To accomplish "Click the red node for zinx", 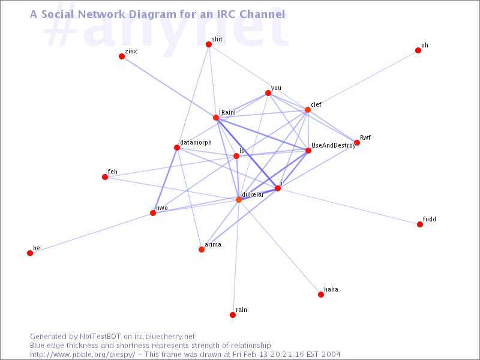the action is pos(122,56).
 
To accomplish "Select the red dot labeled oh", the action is pos(418,50).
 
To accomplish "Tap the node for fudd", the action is pos(420,224).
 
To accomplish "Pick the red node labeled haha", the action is pos(321,295).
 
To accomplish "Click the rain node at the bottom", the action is pos(233,315).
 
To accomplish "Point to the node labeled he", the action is pos(30,253).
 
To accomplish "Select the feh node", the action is pos(105,177).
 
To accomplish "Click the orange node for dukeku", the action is pos(239,200).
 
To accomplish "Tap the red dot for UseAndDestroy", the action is pos(308,151).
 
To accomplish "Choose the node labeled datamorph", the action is pos(177,148).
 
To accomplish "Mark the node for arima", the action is pos(202,250).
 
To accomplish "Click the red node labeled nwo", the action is pos(153,213).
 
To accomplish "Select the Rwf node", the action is pos(357,143).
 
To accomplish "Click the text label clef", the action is pos(316,104).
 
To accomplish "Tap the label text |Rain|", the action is pos(227,112).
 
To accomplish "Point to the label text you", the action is pos(276,88).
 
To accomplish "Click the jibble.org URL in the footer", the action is pos(82,355).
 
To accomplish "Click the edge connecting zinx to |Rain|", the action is pos(169,87).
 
